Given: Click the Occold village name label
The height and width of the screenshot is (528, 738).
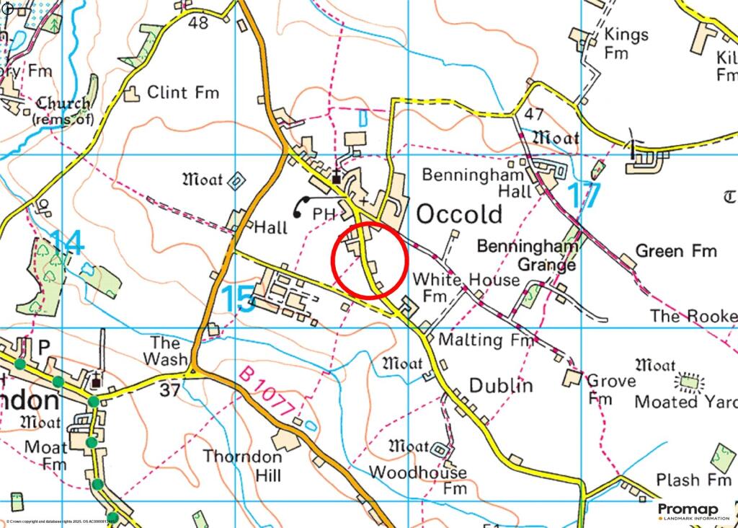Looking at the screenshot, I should coord(459,214).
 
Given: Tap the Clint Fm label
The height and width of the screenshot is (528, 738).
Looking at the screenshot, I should coord(183,92).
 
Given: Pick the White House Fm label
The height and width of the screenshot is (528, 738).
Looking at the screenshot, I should coord(465,286).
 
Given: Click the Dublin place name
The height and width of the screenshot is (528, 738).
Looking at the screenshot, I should coord(501,385).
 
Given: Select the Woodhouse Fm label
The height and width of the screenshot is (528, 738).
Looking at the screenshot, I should coord(417,480).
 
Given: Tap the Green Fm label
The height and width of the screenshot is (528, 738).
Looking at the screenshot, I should coord(676,251).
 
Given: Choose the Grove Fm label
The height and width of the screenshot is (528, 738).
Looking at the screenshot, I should coord(611,389).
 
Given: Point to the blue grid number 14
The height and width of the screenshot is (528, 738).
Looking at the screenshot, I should coord(67,243).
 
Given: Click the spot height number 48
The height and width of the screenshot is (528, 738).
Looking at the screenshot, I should coord(197,23).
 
